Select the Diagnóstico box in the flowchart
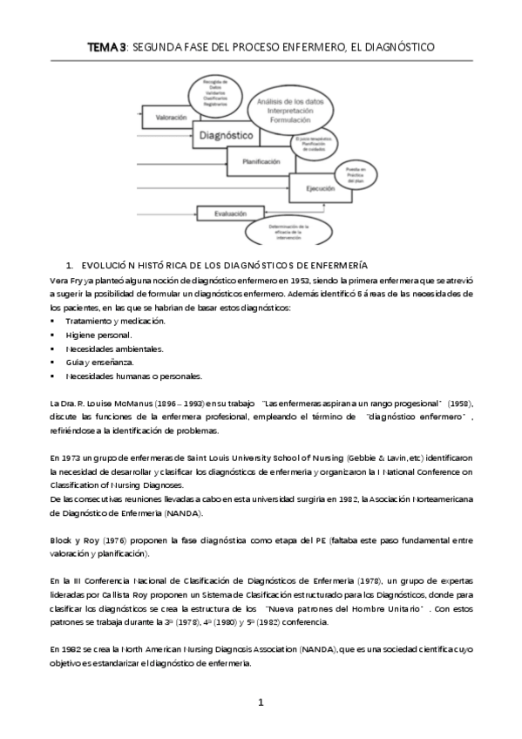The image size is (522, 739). tap(226, 136)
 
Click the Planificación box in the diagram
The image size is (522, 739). tap(261, 161)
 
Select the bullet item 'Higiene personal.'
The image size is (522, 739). tap(99, 335)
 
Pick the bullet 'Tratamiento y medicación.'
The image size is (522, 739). tap(115, 322)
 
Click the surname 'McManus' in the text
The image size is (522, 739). tap(131, 404)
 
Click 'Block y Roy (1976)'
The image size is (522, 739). tap(85, 540)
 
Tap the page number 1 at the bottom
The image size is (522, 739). tap(261, 703)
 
